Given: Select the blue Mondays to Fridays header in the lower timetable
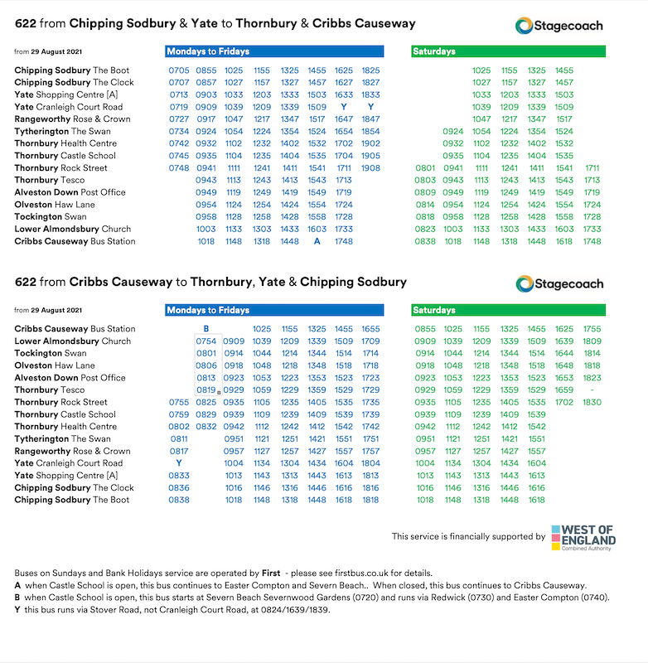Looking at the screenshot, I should [275, 311].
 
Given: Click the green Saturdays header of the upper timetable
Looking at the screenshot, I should [508, 51].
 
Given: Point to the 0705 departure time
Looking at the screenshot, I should [179, 70].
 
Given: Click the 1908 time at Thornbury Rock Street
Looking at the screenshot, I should [370, 168].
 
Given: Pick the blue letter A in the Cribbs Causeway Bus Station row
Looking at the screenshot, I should [317, 241].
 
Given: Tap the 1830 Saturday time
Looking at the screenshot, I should [591, 402].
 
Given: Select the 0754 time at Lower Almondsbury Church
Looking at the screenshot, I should [206, 341].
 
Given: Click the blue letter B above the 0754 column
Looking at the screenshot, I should [206, 329].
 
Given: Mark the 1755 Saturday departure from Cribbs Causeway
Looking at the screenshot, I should [592, 329].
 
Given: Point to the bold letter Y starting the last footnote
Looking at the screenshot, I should [17, 608].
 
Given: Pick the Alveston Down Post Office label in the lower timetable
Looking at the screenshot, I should [70, 377].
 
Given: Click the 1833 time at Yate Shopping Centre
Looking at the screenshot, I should [370, 94].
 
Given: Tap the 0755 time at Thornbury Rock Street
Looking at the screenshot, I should [179, 402].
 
